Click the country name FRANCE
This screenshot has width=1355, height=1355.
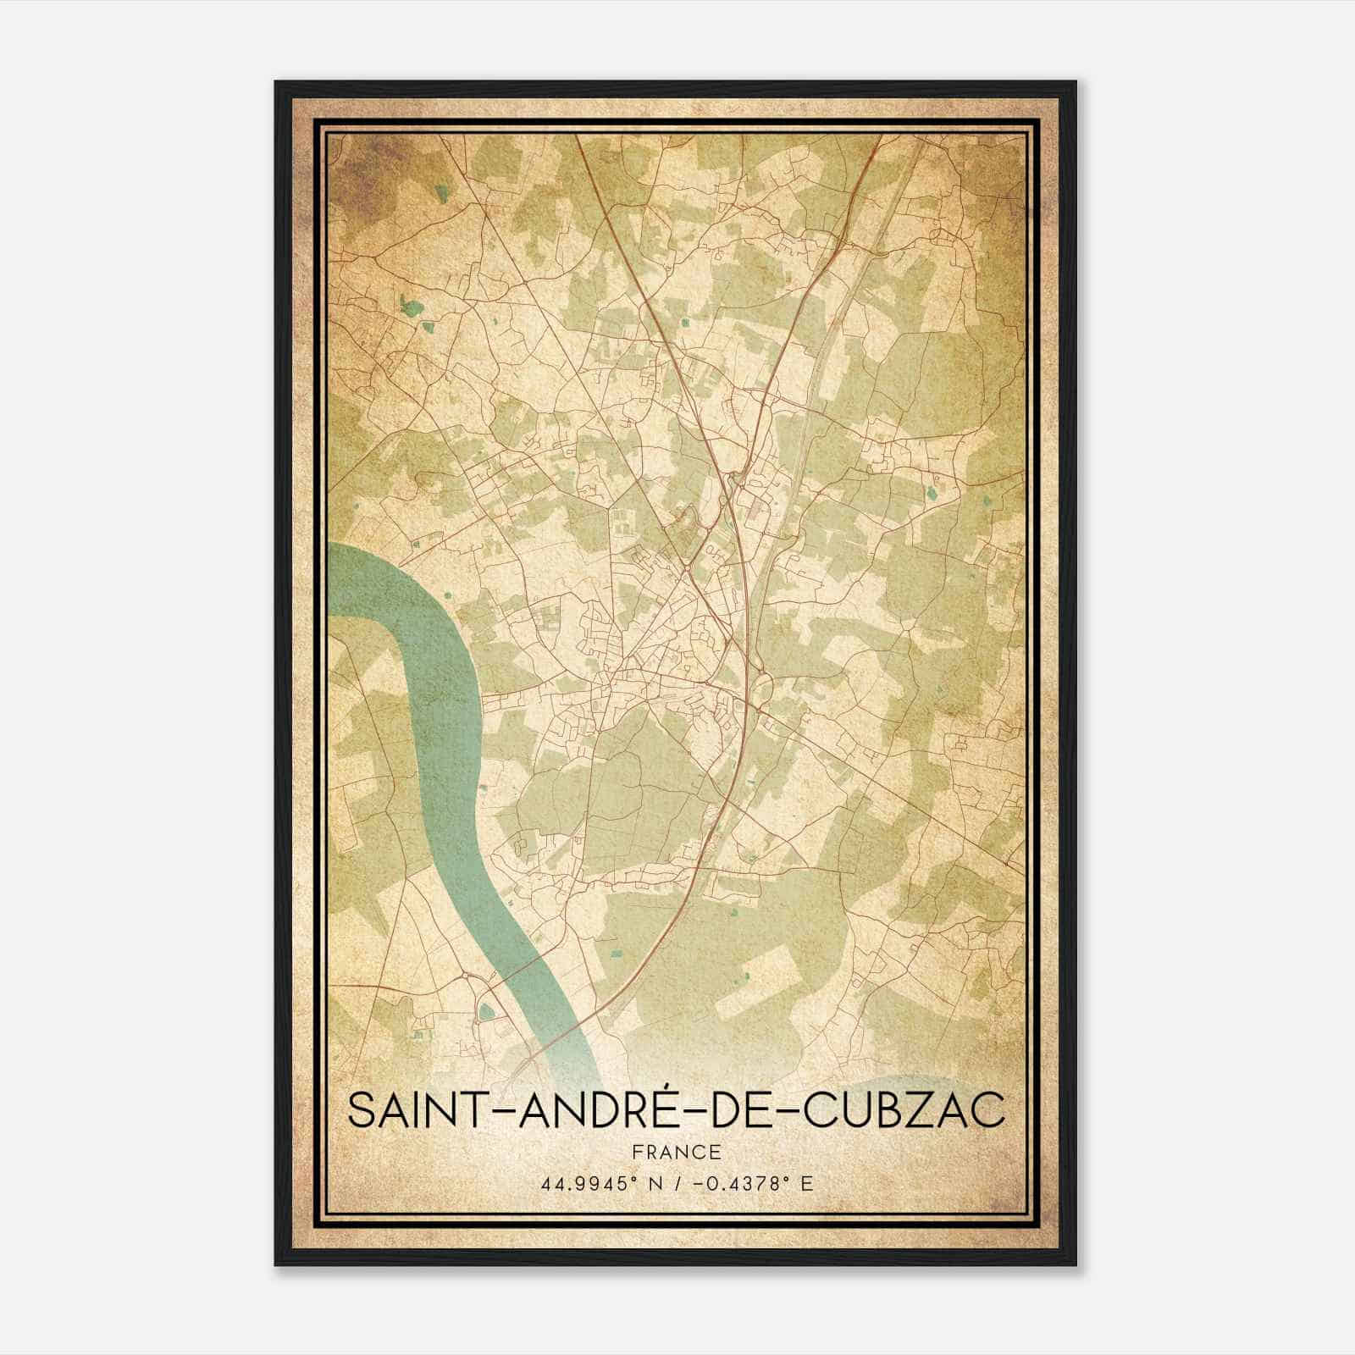coord(676,1152)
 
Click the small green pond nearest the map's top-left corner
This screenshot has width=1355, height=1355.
coord(440,193)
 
